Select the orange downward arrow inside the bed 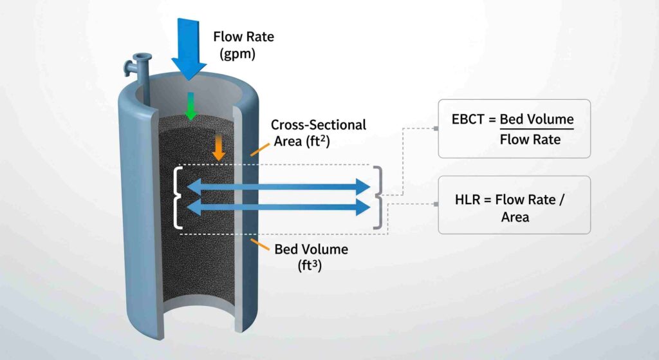point(219,148)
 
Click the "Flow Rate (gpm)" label point(243,45)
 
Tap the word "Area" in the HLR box point(515,217)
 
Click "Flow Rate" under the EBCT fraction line point(530,140)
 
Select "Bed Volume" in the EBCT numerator point(536,120)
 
